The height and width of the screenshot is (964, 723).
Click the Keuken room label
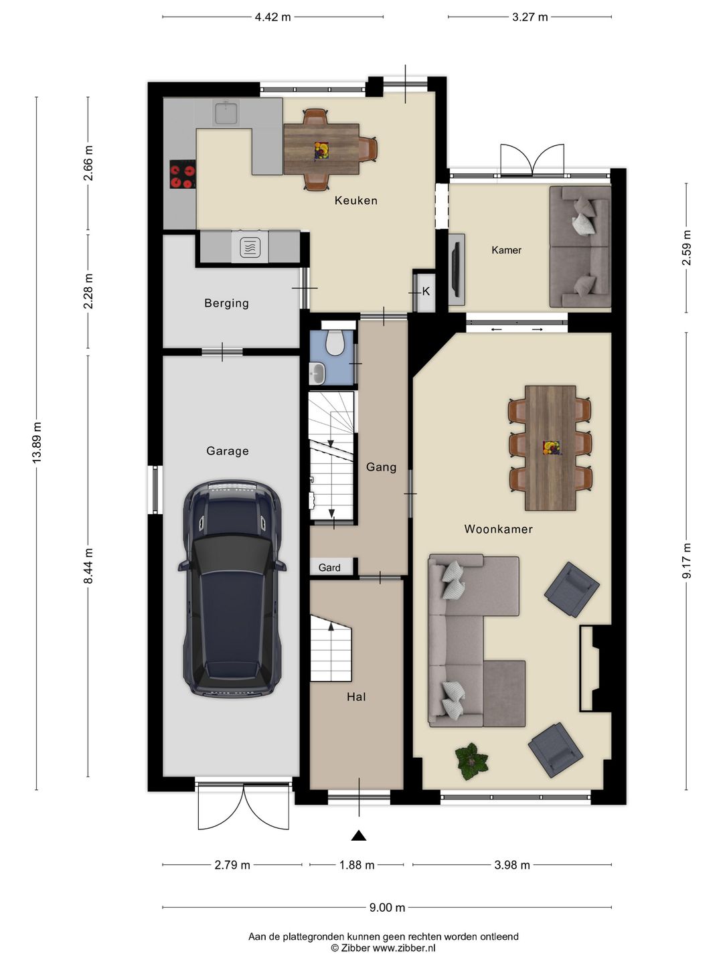(x=355, y=201)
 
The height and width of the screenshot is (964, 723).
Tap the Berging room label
(x=226, y=303)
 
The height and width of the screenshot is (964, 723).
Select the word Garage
(x=228, y=451)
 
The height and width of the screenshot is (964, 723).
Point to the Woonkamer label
(x=498, y=530)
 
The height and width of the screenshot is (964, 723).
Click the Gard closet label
(x=329, y=568)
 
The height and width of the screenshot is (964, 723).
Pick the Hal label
(x=356, y=696)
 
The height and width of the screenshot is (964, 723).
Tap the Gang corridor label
(x=381, y=467)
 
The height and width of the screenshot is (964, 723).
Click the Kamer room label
(x=506, y=250)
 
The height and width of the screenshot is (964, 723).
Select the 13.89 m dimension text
(x=37, y=443)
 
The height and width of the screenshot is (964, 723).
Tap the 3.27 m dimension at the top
(x=530, y=17)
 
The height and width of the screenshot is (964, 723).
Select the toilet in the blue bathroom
(x=336, y=343)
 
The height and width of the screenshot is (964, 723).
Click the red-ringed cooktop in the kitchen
(x=183, y=174)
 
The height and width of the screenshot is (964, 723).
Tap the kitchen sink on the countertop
(x=226, y=112)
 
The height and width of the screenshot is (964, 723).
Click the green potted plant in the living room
(x=471, y=762)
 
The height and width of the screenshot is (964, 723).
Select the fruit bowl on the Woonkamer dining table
(x=550, y=448)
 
